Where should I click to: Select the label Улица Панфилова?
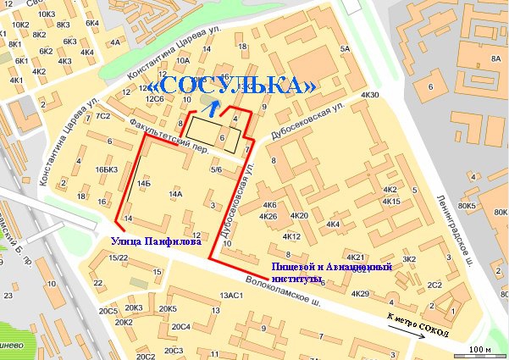click(x=157, y=241)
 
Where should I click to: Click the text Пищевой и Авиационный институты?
click(x=331, y=271)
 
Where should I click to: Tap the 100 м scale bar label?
click(x=479, y=349)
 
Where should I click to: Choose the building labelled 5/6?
click(x=217, y=170)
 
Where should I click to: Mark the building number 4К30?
click(x=370, y=94)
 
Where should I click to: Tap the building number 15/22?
click(x=119, y=258)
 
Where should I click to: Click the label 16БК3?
click(x=106, y=170)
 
